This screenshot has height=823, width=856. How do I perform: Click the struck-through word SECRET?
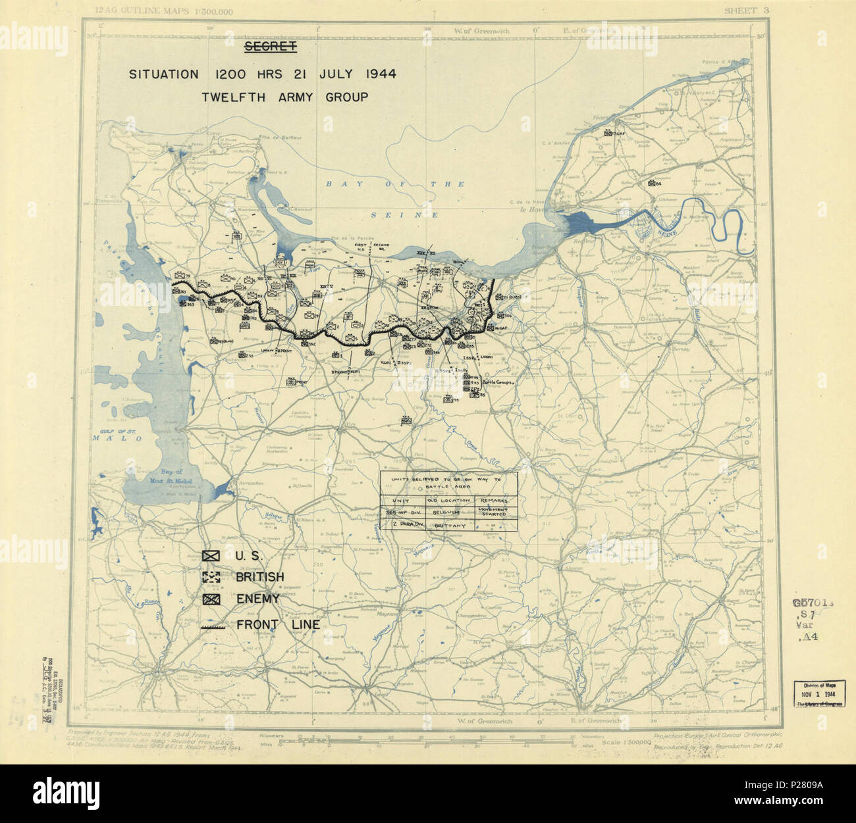pyautogui.click(x=270, y=46)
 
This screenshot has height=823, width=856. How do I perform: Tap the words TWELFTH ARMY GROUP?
pyautogui.click(x=284, y=97)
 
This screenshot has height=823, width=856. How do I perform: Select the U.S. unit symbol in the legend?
pyautogui.click(x=211, y=556)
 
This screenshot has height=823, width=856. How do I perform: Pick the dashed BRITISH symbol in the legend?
pyautogui.click(x=211, y=578)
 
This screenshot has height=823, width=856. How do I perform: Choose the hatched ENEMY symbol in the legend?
pyautogui.click(x=211, y=599)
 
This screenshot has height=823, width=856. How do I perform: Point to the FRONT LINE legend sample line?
pyautogui.click(x=211, y=626)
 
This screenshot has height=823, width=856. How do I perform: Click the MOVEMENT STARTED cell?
pyautogui.click(x=494, y=512)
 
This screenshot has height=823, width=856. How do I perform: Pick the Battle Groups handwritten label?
pyautogui.click(x=498, y=382)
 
